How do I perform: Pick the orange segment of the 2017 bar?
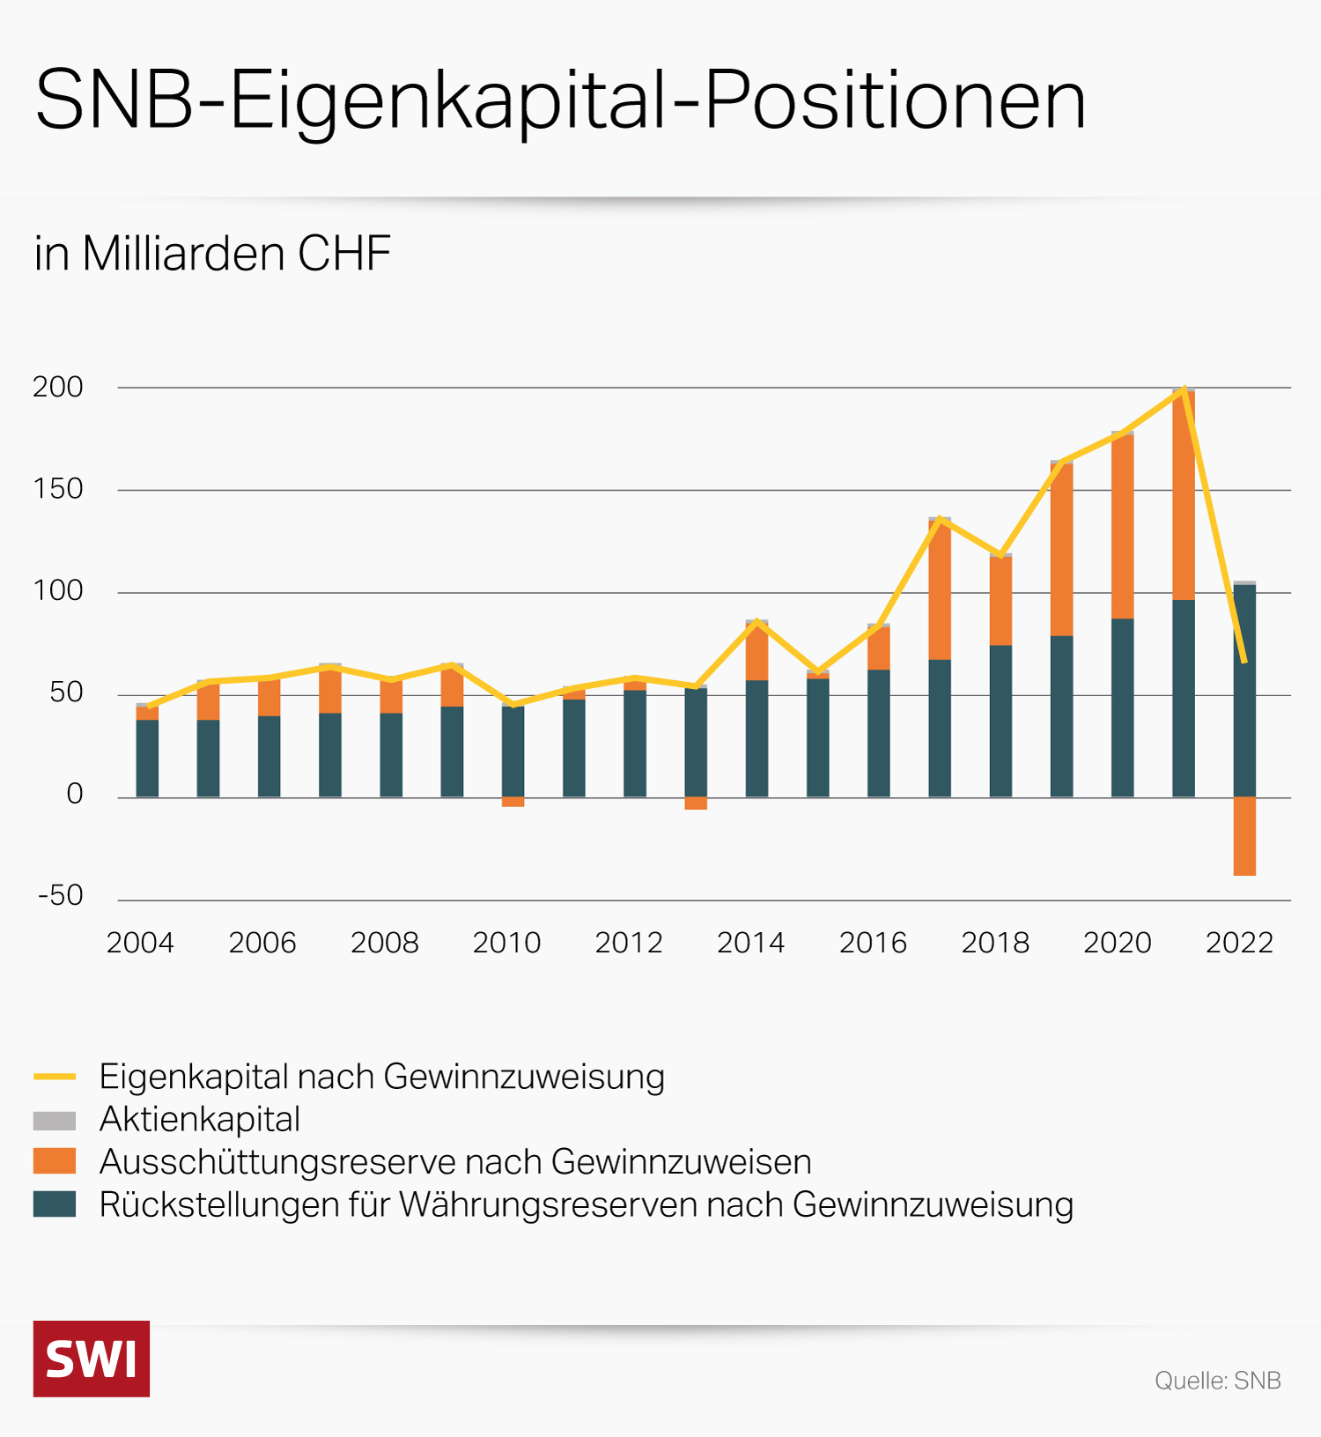[x=940, y=590]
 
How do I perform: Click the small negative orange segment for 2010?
[x=513, y=802]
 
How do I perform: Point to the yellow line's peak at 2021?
[x=1184, y=389]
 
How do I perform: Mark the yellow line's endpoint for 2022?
[x=1244, y=661]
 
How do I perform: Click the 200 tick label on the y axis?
[x=58, y=387]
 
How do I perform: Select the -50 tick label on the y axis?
[x=61, y=895]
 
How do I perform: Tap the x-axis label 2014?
[x=750, y=943]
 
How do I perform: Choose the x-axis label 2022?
[x=1239, y=943]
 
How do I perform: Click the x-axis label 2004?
[x=140, y=943]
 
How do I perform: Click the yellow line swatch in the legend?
[x=55, y=1077]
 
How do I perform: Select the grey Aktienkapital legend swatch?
[x=55, y=1120]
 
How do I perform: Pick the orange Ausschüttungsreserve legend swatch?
[x=55, y=1161]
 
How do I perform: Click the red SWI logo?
[x=92, y=1359]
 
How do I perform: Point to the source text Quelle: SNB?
[x=1217, y=1381]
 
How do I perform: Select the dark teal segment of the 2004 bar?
[x=147, y=759]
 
